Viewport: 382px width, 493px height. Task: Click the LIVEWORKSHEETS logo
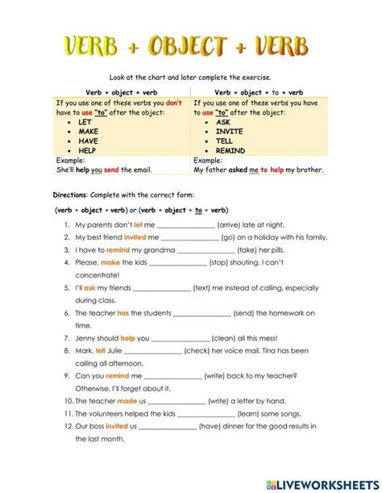tap(326, 483)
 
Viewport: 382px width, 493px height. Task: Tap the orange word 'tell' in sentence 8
tap(101, 350)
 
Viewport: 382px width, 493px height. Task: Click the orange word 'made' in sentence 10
tap(127, 400)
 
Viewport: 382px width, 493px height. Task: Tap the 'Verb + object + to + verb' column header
tap(259, 93)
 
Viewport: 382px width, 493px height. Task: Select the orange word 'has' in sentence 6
tap(123, 312)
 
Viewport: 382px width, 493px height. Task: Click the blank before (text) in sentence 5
tap(163, 288)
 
